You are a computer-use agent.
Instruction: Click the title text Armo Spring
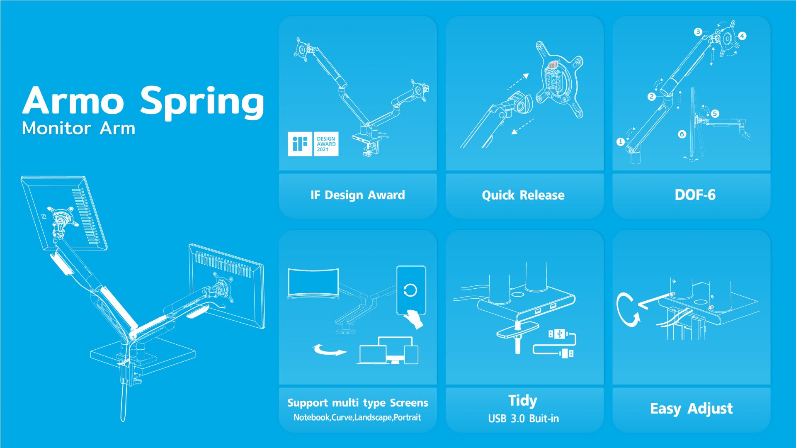(143, 102)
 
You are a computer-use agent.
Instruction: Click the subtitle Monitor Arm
(79, 128)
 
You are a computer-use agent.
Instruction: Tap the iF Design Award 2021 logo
(313, 144)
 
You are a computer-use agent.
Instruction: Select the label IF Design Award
(358, 195)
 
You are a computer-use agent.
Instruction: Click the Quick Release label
(523, 195)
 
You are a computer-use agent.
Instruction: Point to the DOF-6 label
(695, 195)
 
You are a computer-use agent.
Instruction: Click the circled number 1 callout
(621, 142)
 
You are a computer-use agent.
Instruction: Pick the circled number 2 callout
(652, 97)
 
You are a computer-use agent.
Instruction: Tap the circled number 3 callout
(698, 32)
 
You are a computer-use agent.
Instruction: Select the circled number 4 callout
(742, 36)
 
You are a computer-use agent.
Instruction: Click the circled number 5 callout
(715, 114)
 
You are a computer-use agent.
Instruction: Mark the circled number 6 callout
(682, 134)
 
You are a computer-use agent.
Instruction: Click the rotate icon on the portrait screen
(410, 290)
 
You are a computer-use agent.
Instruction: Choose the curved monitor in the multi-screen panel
(313, 283)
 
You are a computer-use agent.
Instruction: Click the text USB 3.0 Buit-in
(523, 419)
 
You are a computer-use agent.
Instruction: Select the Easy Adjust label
(691, 409)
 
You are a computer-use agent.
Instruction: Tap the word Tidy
(523, 401)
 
